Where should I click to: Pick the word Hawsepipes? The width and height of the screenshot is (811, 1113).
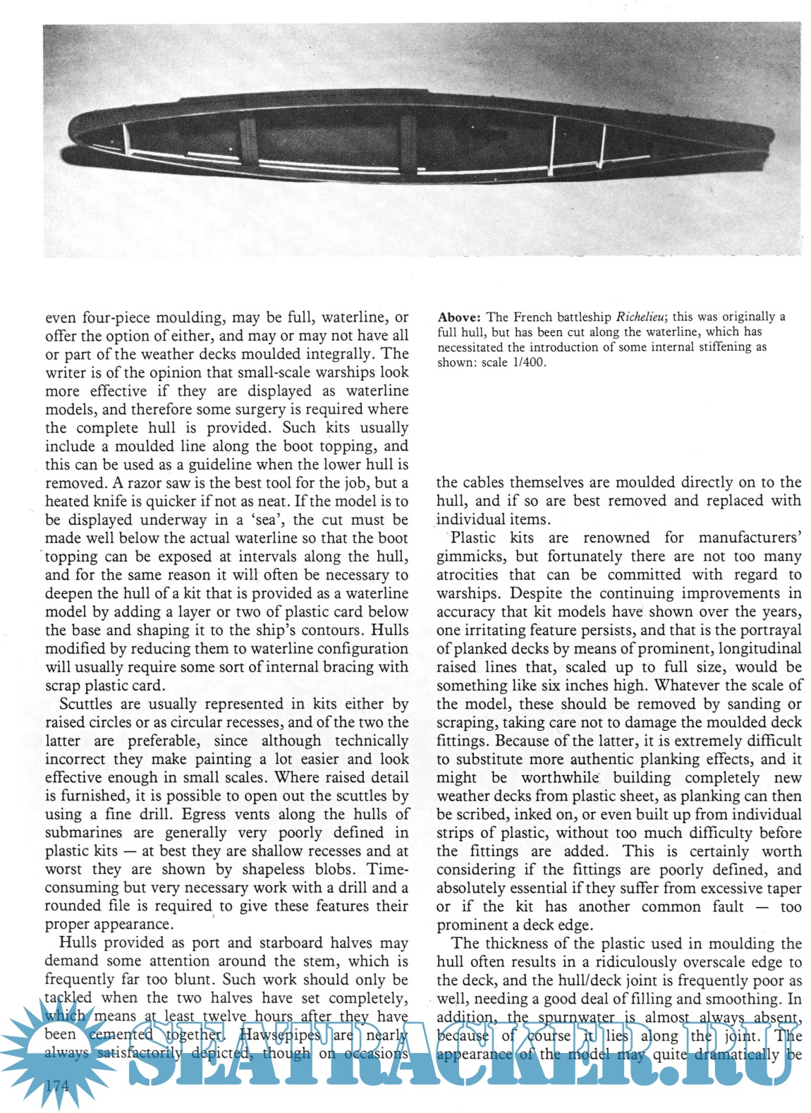coord(280,1035)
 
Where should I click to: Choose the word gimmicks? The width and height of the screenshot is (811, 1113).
coord(468,556)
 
